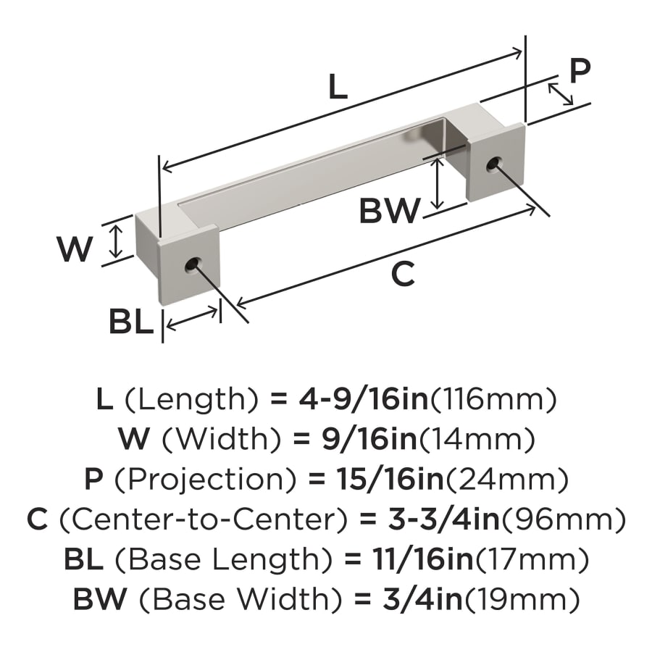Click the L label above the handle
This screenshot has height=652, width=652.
pyautogui.click(x=338, y=87)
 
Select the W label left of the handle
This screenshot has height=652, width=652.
pyautogui.click(x=75, y=250)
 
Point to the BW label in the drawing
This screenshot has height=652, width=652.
pyautogui.click(x=390, y=212)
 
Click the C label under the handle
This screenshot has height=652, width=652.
pyautogui.click(x=403, y=275)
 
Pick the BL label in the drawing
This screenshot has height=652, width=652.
pyautogui.click(x=131, y=322)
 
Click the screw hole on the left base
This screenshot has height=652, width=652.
pyautogui.click(x=193, y=264)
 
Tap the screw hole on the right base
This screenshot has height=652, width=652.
pyautogui.click(x=494, y=163)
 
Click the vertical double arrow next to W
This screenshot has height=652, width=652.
pyautogui.click(x=114, y=241)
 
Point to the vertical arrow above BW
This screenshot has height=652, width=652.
pyautogui.click(x=437, y=182)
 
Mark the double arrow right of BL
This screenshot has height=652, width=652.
pyautogui.click(x=191, y=319)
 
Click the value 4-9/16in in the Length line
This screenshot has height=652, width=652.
pyautogui.click(x=362, y=399)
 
